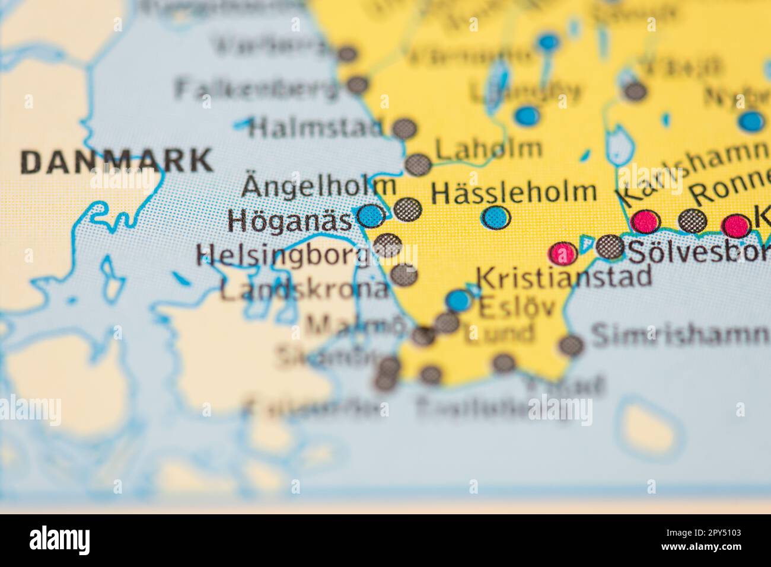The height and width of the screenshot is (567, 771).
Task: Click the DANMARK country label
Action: (x=116, y=162)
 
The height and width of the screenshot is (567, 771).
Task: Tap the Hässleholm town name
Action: (x=514, y=192)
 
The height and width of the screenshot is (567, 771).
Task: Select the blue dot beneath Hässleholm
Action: (x=496, y=218)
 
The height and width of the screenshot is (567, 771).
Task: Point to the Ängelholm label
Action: (x=319, y=187)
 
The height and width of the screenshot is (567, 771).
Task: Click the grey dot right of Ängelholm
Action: (x=408, y=208)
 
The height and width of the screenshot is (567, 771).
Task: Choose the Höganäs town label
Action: (x=291, y=221)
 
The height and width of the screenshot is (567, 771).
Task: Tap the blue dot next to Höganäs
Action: (x=372, y=216)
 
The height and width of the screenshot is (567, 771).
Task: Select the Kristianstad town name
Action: (x=564, y=277)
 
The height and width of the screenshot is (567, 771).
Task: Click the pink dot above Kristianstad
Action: (x=563, y=254)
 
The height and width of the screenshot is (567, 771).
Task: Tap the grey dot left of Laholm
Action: (x=418, y=164)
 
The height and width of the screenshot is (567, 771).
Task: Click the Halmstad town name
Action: (x=317, y=127)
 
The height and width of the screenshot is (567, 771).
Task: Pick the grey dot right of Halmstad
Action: (x=404, y=129)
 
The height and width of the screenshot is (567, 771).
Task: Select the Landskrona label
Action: (x=305, y=290)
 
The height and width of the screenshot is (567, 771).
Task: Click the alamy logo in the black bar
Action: (x=60, y=540)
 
